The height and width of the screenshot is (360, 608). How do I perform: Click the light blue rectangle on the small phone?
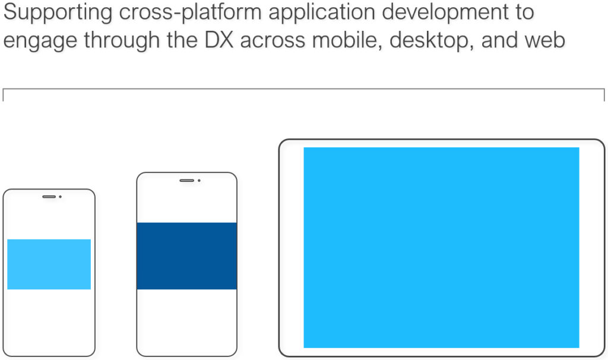click(x=49, y=264)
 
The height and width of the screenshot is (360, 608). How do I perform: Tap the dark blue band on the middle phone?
click(x=187, y=255)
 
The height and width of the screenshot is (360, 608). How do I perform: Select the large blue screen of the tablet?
click(x=441, y=248)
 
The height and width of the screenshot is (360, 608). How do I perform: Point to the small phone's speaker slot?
click(x=49, y=197)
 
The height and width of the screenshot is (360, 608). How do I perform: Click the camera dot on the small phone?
click(x=60, y=197)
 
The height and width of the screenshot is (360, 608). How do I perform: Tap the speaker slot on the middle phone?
click(x=187, y=181)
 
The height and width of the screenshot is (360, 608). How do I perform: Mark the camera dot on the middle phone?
click(x=199, y=181)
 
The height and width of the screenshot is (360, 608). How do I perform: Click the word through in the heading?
click(x=122, y=40)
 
